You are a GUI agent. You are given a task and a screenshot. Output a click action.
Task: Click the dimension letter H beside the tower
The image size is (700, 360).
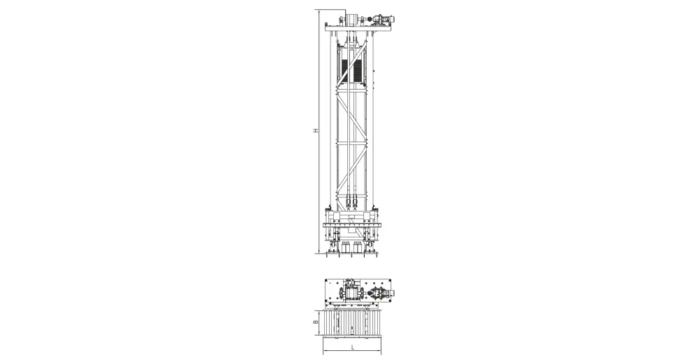tap(315, 131)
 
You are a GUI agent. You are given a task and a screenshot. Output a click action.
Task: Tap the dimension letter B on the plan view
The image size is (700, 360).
tap(315, 321)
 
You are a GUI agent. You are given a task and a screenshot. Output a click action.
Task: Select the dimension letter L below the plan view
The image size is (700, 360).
tap(352, 347)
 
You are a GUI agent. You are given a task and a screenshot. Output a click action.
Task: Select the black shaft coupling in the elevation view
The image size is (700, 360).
tap(369, 20)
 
